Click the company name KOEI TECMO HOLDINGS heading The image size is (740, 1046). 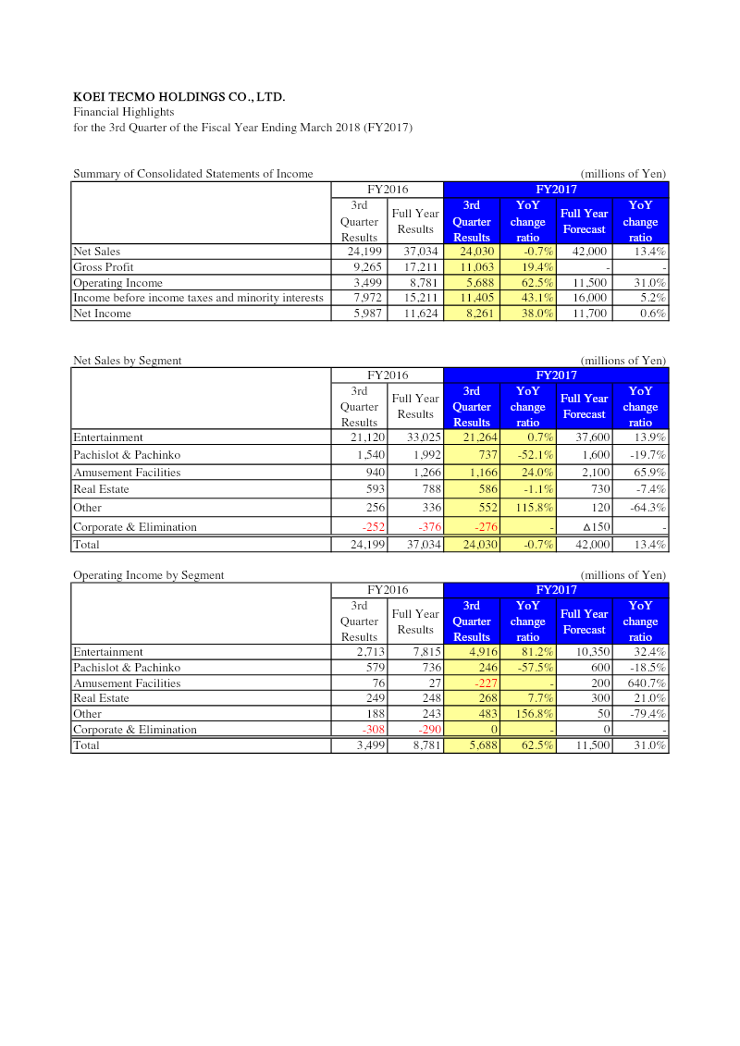pyautogui.click(x=179, y=96)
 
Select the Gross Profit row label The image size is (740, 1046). pyautogui.click(x=104, y=267)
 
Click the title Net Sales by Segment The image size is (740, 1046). pyautogui.click(x=128, y=361)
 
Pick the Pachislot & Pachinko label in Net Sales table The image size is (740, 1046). pyautogui.click(x=127, y=455)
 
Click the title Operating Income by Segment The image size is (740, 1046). pyautogui.click(x=148, y=575)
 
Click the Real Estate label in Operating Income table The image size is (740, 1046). pyautogui.click(x=101, y=698)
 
